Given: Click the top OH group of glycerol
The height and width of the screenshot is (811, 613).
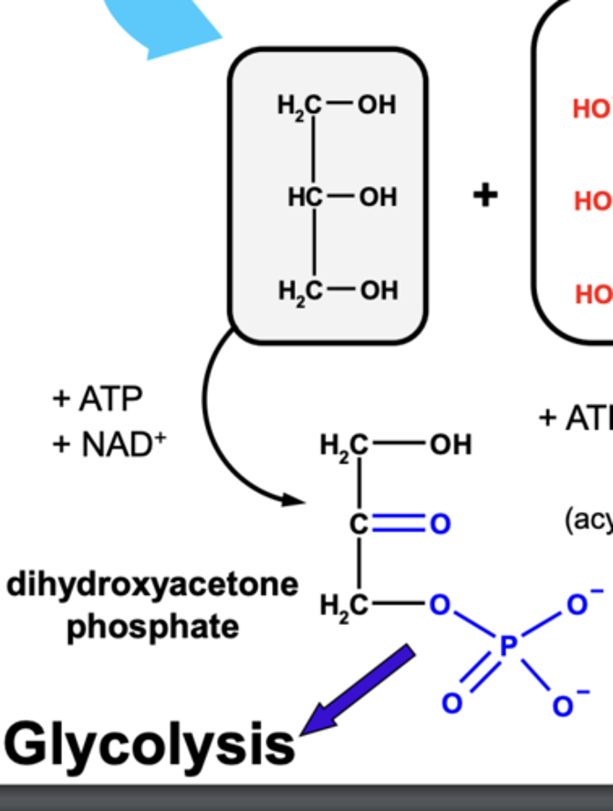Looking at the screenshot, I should point(377,105).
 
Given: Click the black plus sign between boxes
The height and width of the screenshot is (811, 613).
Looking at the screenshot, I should point(485,196).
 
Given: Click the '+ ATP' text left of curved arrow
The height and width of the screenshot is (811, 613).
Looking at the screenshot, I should point(97,399).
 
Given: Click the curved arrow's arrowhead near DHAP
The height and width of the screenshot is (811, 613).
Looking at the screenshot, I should point(294,500).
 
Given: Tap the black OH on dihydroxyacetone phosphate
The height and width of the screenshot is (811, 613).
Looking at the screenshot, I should point(449,445).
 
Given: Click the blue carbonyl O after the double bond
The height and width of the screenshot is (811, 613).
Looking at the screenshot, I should point(440,524).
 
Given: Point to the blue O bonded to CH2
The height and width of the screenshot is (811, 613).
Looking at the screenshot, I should point(439,606).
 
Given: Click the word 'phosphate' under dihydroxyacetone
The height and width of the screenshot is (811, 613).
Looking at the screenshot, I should point(153,627).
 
